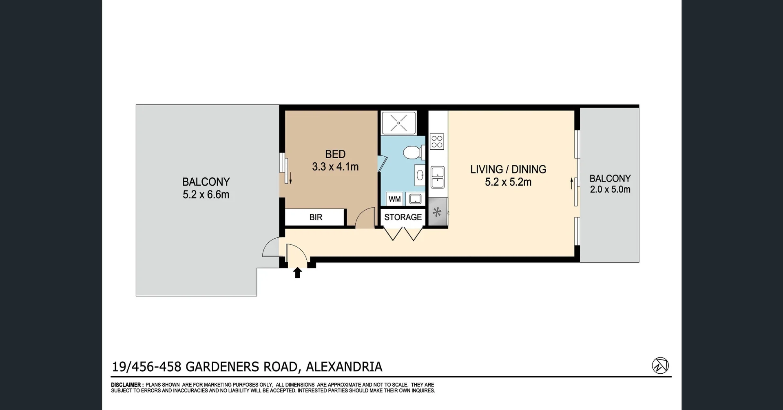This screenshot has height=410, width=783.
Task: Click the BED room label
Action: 335,154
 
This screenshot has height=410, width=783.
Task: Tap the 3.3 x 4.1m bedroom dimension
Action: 335,167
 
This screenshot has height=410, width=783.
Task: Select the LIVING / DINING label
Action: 508,169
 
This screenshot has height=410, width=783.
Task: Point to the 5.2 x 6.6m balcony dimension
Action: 206,195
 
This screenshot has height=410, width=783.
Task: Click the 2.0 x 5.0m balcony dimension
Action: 610,189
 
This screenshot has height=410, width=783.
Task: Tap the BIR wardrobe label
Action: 316,217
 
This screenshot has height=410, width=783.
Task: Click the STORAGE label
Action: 403,217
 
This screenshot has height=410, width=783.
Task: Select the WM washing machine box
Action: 394,199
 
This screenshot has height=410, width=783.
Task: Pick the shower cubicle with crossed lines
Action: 398,123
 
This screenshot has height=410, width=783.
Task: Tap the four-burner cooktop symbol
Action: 437,142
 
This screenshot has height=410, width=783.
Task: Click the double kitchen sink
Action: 437,177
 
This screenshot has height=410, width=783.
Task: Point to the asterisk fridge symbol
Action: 437,212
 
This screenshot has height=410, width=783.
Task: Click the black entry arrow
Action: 297,273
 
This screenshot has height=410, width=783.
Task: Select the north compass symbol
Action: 660,365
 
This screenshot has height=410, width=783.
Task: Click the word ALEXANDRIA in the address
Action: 344,367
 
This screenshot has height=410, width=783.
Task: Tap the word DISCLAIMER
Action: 126,385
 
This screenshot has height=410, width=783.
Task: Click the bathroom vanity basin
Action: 420,175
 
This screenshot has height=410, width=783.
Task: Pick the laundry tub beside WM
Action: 415,199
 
